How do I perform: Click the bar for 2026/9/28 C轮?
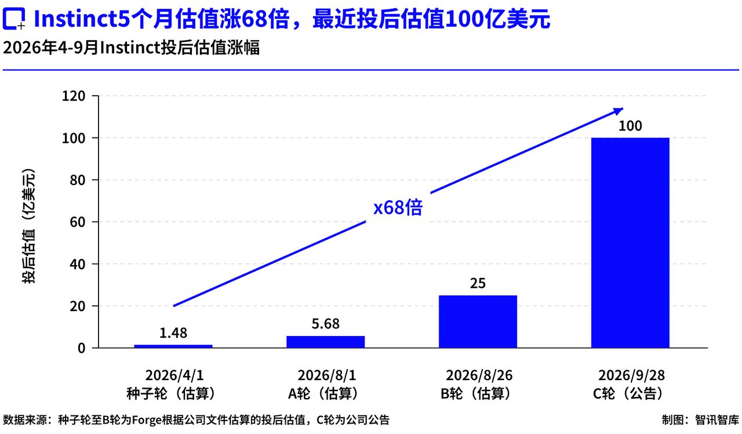coord(630,243)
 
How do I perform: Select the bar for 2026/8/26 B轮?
coord(478,321)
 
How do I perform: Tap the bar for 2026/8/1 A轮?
coord(326,342)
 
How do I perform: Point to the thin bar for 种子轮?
coord(173,346)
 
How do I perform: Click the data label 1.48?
coord(173,333)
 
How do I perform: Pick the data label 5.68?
coord(326,324)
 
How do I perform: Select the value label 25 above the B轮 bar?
coord(478,284)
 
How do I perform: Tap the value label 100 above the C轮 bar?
coord(630,126)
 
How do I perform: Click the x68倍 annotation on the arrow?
coord(398,208)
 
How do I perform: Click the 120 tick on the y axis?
coord(74,96)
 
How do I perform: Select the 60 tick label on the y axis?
coord(78,222)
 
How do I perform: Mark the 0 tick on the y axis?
coord(82,348)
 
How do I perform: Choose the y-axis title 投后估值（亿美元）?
coord(28,226)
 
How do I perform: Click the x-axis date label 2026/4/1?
coord(174,375)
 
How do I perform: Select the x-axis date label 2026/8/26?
coord(479,375)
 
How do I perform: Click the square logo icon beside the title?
coord(14,19)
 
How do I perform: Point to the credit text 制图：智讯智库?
coord(700,419)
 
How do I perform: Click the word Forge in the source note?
coord(147,420)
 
